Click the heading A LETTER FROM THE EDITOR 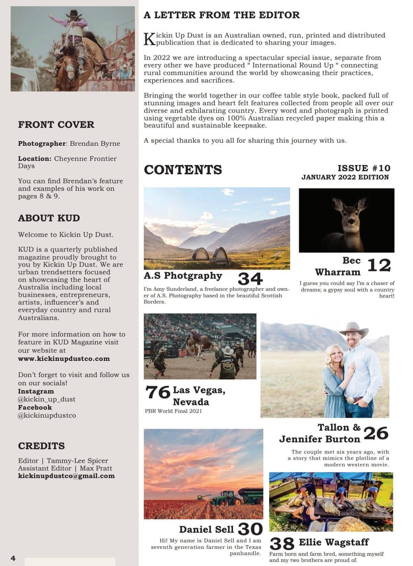pyautogui.click(x=221, y=15)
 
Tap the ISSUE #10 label pyautogui.click(x=364, y=168)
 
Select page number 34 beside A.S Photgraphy pyautogui.click(x=250, y=279)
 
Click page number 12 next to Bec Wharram pyautogui.click(x=379, y=265)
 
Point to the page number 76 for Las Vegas pyautogui.click(x=158, y=392)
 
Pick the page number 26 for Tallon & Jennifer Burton pyautogui.click(x=376, y=433)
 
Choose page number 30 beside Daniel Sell pyautogui.click(x=250, y=529)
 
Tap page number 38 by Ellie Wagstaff pyautogui.click(x=282, y=544)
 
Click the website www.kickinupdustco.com pyautogui.click(x=64, y=359)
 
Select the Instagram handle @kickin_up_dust pyautogui.click(x=47, y=399)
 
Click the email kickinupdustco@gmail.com pyautogui.click(x=66, y=476)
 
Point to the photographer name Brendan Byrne pyautogui.click(x=95, y=143)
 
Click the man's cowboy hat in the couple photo pyautogui.click(x=353, y=328)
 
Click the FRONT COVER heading pyautogui.click(x=56, y=125)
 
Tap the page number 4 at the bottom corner pyautogui.click(x=13, y=558)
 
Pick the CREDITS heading pyautogui.click(x=41, y=446)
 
